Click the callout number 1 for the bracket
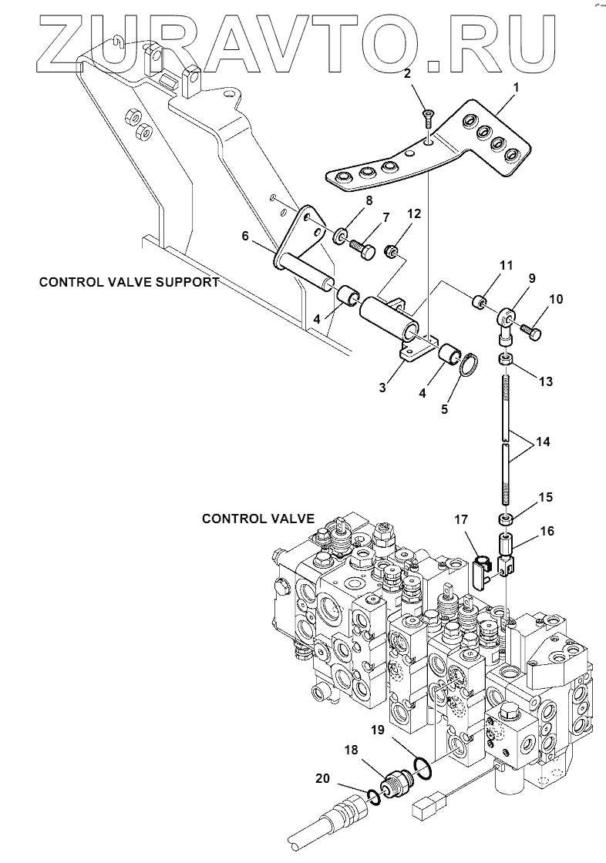[x=516, y=87]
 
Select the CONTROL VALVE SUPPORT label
[x=129, y=282]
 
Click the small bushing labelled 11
[x=480, y=301]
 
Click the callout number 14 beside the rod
[x=542, y=442]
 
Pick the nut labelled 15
[x=507, y=519]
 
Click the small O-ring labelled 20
[x=373, y=795]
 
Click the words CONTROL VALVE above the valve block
[x=258, y=519]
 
